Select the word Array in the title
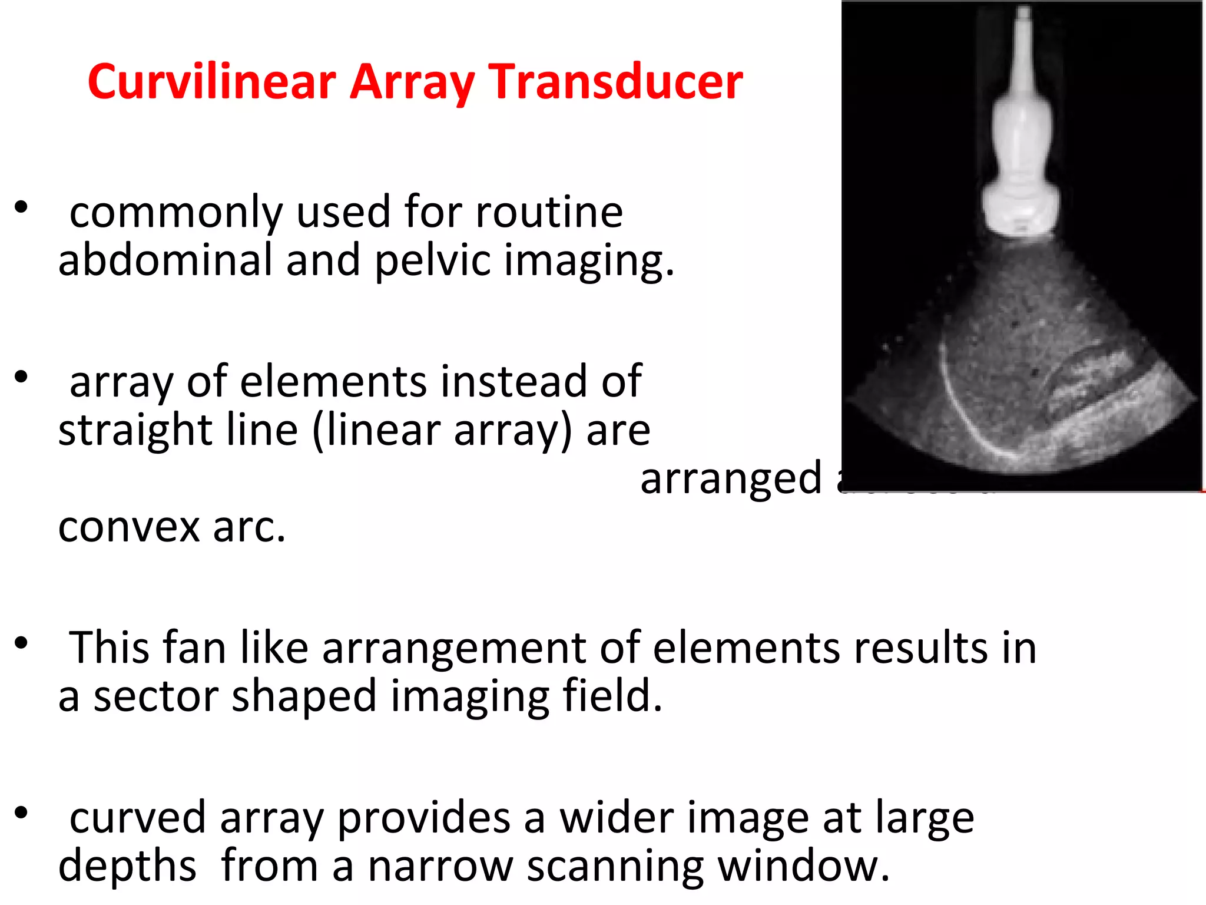point(412,82)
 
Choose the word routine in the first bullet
point(549,212)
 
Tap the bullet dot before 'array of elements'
point(21,377)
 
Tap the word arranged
point(731,478)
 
